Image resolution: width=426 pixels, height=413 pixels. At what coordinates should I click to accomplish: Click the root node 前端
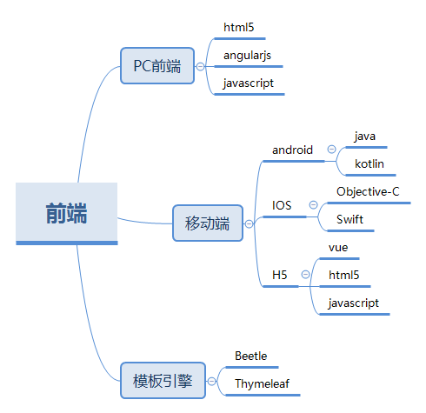(67, 214)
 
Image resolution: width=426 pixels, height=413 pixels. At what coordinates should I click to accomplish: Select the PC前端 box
(157, 66)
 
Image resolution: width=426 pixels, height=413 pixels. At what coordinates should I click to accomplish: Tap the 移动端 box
(208, 223)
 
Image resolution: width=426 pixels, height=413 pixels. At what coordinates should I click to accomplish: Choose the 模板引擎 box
(163, 381)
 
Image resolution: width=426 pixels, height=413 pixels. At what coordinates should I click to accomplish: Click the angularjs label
(247, 56)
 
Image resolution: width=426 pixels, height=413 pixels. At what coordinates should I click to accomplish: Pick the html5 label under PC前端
(239, 28)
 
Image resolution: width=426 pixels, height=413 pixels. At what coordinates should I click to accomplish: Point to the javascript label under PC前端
(249, 83)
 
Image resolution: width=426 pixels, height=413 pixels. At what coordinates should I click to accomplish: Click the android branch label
(292, 150)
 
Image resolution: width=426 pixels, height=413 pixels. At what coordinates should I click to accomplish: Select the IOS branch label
(282, 205)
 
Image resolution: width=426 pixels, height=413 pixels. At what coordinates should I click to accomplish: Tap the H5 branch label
(280, 275)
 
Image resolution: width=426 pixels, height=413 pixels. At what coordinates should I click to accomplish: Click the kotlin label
(369, 163)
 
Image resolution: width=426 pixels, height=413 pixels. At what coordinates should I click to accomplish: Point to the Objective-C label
(368, 191)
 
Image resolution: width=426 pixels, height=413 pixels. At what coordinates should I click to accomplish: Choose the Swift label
(349, 219)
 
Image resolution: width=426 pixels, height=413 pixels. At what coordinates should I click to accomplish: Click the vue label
(338, 248)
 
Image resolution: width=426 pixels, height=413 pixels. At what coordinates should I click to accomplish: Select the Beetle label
(251, 356)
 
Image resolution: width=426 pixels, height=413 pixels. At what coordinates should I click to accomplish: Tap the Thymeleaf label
(263, 383)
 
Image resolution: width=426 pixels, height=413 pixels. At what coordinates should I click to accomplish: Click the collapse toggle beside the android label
(331, 150)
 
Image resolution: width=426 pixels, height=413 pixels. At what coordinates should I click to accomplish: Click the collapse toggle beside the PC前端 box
(200, 66)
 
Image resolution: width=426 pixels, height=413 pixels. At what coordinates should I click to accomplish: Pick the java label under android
(365, 137)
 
